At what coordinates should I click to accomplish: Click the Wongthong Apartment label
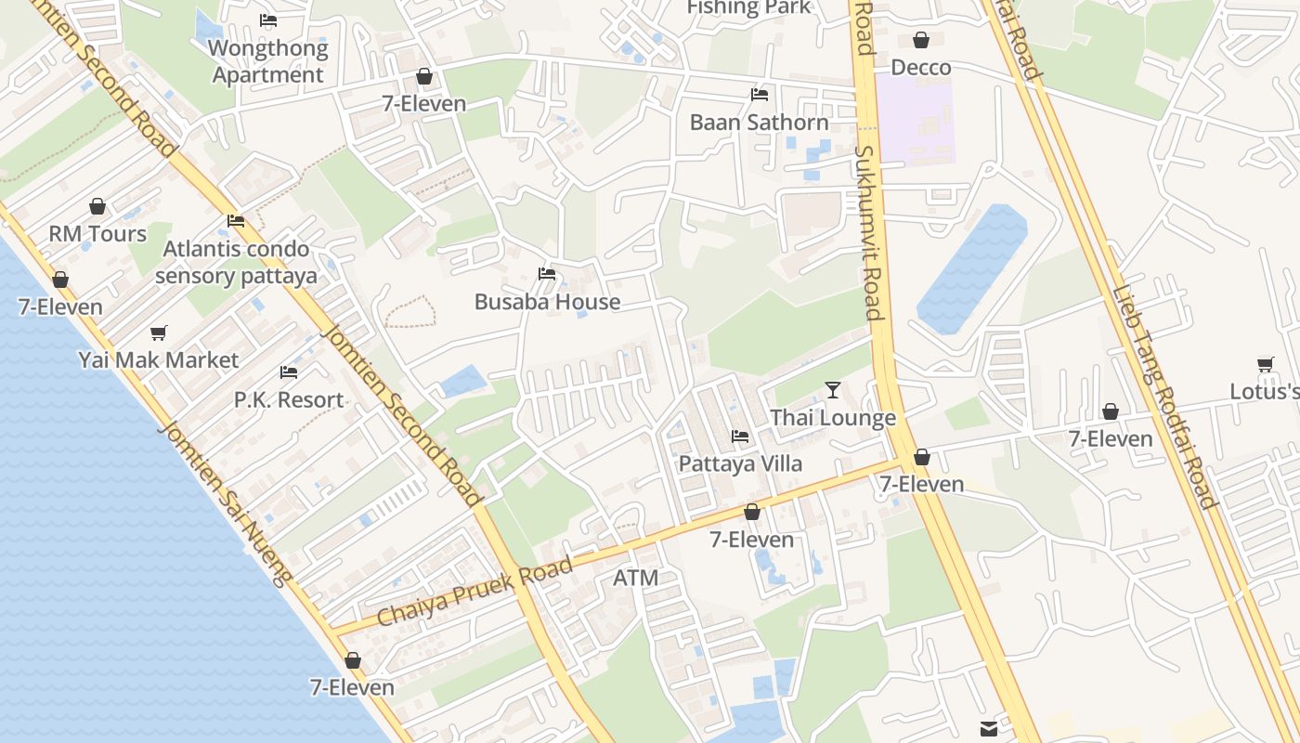pos(268,61)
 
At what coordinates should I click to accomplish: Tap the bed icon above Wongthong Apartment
pos(268,20)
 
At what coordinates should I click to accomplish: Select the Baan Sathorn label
pos(759,122)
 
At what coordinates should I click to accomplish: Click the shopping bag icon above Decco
pos(921,40)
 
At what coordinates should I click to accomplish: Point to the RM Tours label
pos(97,233)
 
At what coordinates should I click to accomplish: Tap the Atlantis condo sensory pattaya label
pos(236,262)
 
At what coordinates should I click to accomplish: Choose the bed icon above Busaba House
pos(547,274)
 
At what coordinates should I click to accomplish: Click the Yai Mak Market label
pos(159,359)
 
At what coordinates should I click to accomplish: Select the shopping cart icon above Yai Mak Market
pos(159,332)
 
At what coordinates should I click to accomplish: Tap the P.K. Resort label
pos(289,399)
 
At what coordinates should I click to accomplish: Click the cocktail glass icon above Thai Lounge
pos(833,390)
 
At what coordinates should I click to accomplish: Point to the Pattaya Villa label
pos(740,463)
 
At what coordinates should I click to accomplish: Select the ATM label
pos(636,578)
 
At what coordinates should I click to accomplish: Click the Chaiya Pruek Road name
pos(474,592)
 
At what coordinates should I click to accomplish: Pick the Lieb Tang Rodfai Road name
pos(1164,397)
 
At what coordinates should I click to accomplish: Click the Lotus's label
pos(1264,391)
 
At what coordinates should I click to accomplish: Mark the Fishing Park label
pos(748,8)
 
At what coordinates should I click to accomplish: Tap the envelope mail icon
pos(988,729)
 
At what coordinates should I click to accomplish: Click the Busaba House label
pos(547,302)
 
